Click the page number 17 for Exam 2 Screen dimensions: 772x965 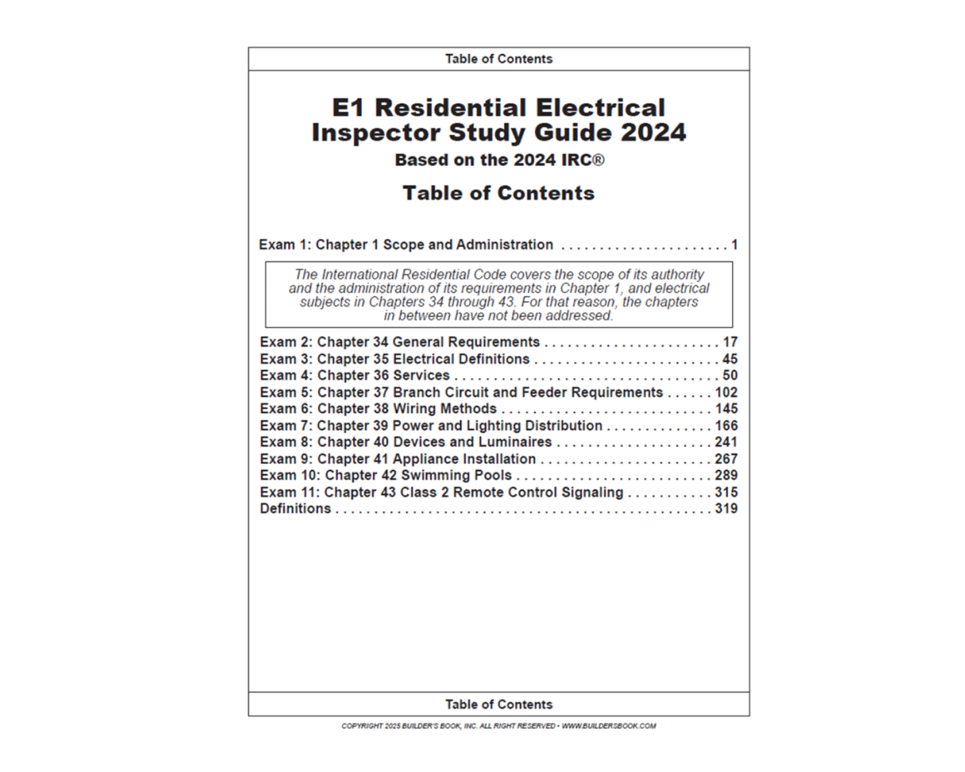coord(730,342)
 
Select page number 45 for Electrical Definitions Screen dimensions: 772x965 coord(730,359)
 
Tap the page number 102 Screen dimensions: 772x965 coord(726,392)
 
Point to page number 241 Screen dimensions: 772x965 coord(726,442)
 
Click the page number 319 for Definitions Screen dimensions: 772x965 coord(726,509)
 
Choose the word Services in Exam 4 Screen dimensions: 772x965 coord(422,376)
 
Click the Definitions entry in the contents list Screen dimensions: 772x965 coord(296,509)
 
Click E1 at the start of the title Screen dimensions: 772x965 coord(349,108)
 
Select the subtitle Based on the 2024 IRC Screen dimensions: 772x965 coord(499,161)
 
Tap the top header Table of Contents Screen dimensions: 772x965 coord(499,59)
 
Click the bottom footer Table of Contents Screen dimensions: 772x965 coord(499,704)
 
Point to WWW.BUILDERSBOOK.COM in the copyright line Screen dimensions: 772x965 coord(609,726)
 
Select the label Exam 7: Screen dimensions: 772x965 coord(286,426)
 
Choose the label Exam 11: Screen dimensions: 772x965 coord(289,493)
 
